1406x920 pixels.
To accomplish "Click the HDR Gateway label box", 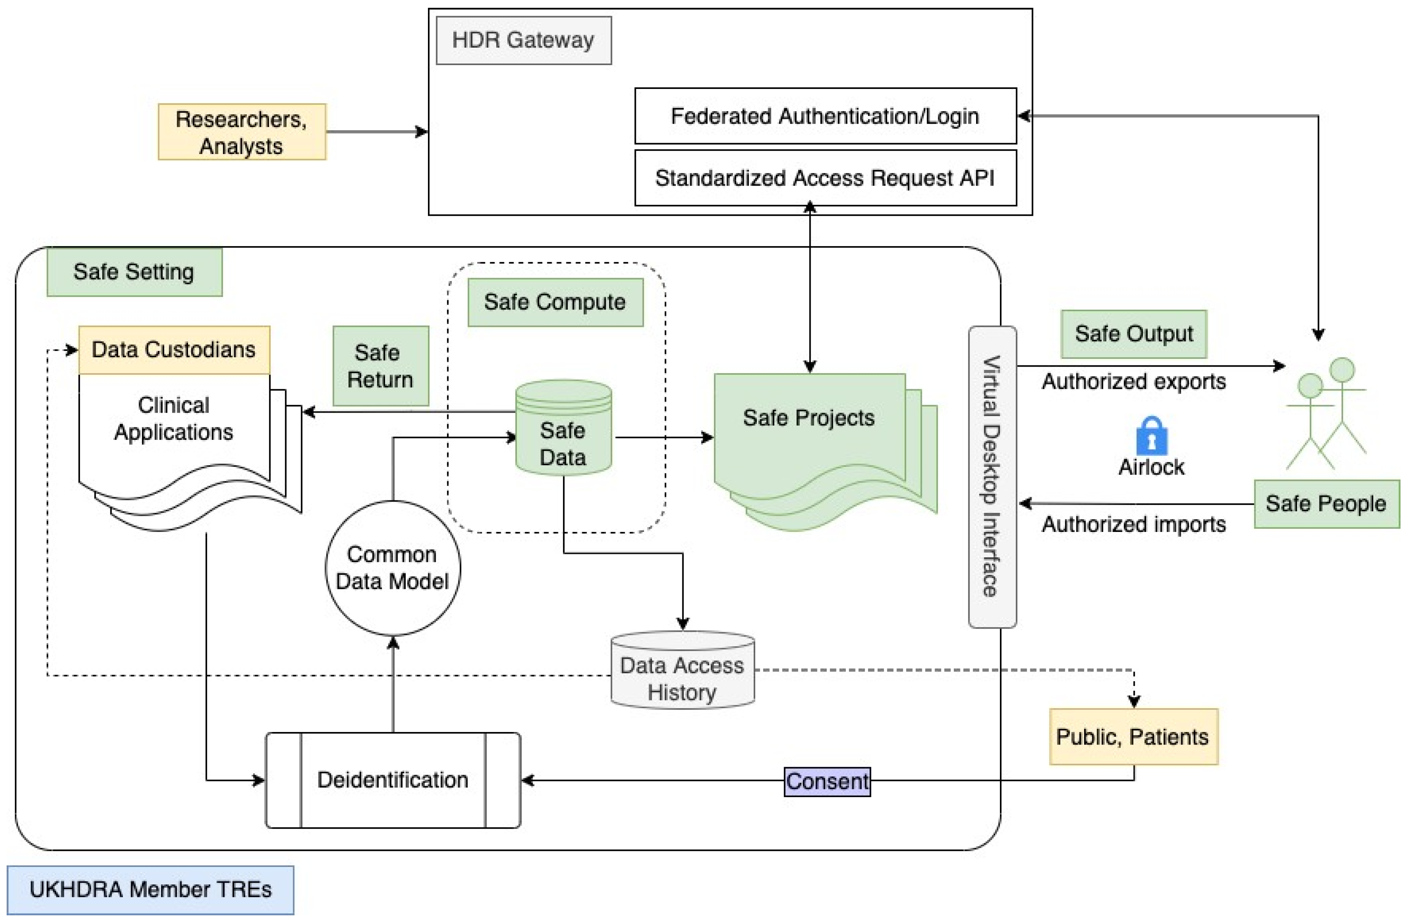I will pos(524,40).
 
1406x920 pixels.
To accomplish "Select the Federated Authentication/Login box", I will pos(825,116).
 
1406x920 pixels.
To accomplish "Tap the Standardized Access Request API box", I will pos(825,178).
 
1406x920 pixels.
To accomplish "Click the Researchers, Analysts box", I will pos(241,132).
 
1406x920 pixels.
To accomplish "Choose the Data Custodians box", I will pos(174,349).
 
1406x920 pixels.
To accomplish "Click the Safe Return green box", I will pos(380,366).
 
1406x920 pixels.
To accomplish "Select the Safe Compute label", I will pos(555,302).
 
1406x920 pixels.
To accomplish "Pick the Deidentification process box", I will pos(393,780).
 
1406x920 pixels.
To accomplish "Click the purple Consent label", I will pos(827,781).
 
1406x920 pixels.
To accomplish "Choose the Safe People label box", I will pos(1326,504).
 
